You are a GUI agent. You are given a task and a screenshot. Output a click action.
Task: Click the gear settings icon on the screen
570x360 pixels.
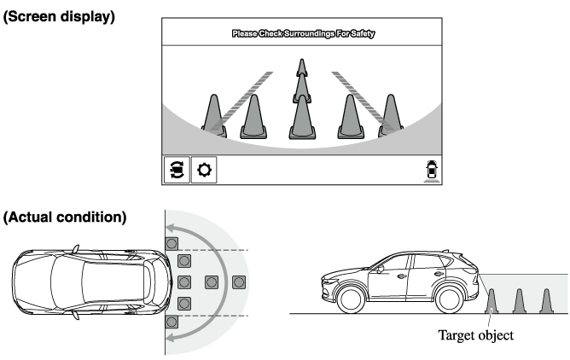pos(204,170)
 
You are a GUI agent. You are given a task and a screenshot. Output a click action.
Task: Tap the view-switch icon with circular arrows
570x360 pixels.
pos(177,170)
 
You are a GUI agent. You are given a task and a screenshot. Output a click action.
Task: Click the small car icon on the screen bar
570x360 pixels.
pos(432,170)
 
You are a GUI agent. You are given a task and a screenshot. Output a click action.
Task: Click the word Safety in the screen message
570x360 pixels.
pos(363,34)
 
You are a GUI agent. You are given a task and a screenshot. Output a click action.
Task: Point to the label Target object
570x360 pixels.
pos(475,335)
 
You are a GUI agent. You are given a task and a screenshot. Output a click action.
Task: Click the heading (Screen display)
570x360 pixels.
pos(59,17)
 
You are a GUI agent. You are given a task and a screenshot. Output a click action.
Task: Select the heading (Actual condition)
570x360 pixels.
pos(65,218)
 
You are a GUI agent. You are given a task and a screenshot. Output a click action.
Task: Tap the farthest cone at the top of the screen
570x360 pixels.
pos(302,67)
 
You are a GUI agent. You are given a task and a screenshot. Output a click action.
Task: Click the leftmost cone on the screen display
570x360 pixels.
pos(214,116)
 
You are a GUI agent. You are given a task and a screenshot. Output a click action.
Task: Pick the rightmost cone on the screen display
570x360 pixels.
pos(391,116)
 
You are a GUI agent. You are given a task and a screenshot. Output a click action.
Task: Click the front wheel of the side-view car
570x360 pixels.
pos(351,299)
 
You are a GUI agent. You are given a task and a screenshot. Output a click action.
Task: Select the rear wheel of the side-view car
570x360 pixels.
pos(450,299)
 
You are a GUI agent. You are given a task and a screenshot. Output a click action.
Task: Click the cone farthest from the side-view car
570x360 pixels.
pos(546,301)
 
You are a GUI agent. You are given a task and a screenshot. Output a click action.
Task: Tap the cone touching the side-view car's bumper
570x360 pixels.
pos(491,301)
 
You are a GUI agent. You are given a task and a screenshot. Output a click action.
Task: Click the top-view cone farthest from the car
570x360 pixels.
pos(239,282)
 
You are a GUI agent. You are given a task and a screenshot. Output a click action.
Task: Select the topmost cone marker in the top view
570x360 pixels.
pos(172,243)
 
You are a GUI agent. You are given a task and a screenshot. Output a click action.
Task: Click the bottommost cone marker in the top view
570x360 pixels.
pos(172,322)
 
